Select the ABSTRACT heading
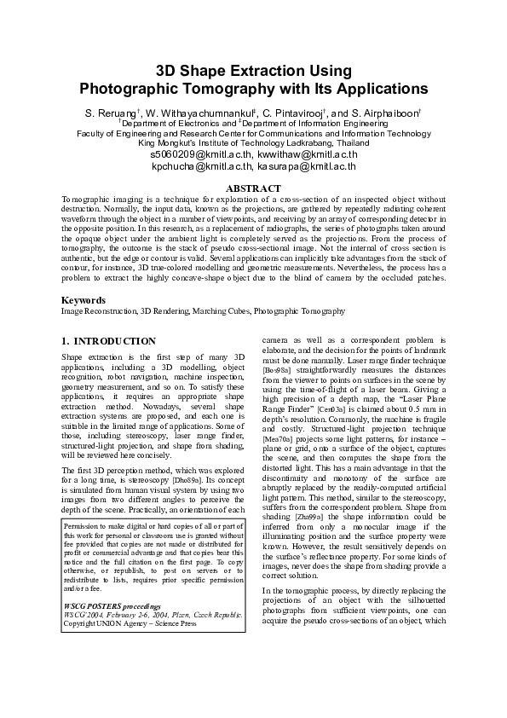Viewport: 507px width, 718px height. coord(253,188)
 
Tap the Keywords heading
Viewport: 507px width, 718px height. coord(84,300)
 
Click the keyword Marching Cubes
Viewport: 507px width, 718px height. coord(221,312)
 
